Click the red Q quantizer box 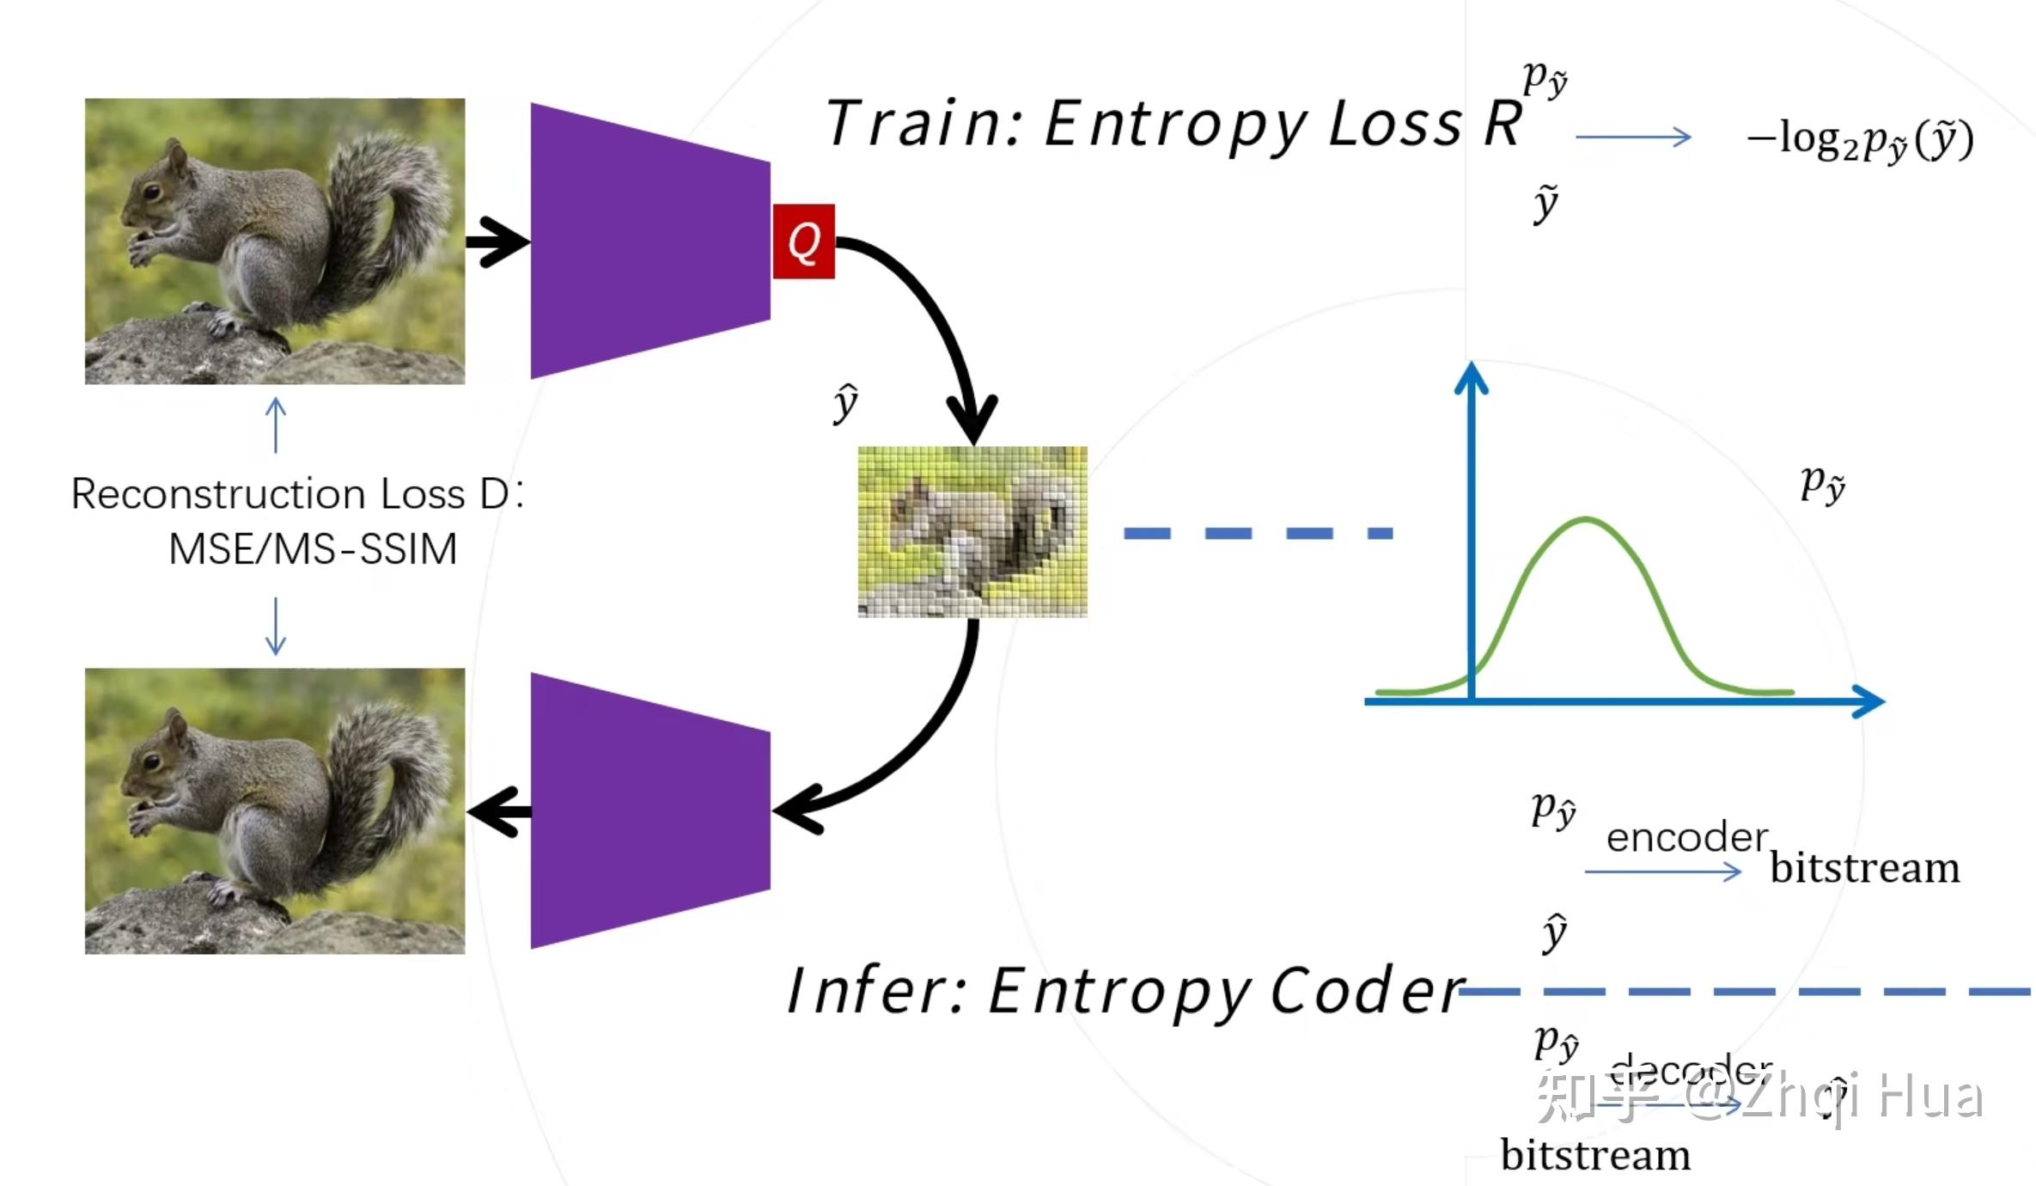pyautogui.click(x=803, y=241)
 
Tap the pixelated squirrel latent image pyautogui.click(x=972, y=531)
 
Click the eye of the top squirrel pyautogui.click(x=152, y=192)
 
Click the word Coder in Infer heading pyautogui.click(x=1366, y=991)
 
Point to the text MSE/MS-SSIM pyautogui.click(x=313, y=549)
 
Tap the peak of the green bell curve pyautogui.click(x=1585, y=519)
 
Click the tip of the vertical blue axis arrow pyautogui.click(x=1471, y=366)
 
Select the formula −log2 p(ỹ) pyautogui.click(x=1861, y=139)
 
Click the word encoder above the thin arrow pyautogui.click(x=1686, y=837)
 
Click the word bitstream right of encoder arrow pyautogui.click(x=1865, y=868)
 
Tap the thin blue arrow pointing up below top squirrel pyautogui.click(x=276, y=424)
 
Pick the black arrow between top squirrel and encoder pyautogui.click(x=497, y=242)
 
